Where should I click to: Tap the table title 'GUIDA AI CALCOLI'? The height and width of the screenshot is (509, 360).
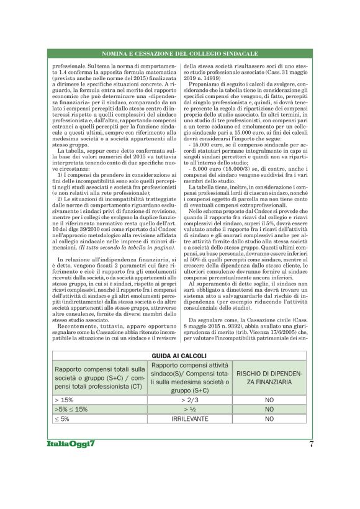[179, 356]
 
